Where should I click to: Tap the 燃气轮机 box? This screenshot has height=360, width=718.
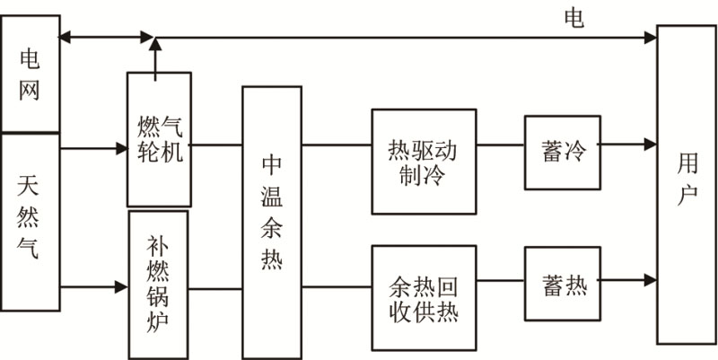[x=160, y=139]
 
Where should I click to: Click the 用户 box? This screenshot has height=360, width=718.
[x=687, y=184]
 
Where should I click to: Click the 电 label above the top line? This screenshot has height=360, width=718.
[x=574, y=17]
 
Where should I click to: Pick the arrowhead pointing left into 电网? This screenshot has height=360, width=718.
[x=64, y=37]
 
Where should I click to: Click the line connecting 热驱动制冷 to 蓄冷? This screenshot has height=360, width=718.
[x=501, y=144]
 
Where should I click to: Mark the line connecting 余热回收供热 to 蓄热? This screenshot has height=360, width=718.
[x=501, y=280]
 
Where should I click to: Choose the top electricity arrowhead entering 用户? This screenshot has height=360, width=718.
[x=650, y=37]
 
